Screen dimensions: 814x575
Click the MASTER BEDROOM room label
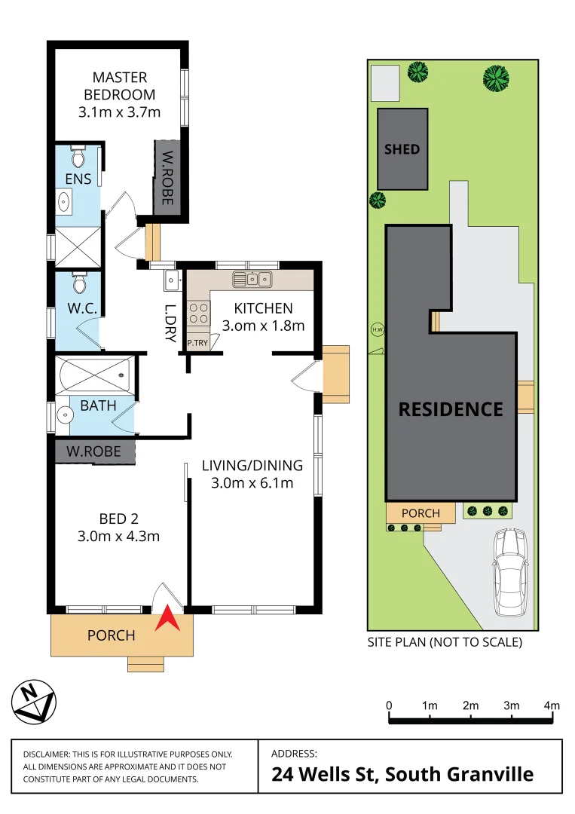(119, 86)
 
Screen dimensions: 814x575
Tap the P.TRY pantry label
(197, 343)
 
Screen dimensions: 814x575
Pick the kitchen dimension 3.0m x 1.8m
(263, 326)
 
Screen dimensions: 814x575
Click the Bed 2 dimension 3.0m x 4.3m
(118, 537)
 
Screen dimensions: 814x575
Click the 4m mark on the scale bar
(552, 705)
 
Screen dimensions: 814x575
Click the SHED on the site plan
(402, 149)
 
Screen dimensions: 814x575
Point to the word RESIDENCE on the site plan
(451, 409)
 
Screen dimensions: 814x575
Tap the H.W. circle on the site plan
(377, 329)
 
